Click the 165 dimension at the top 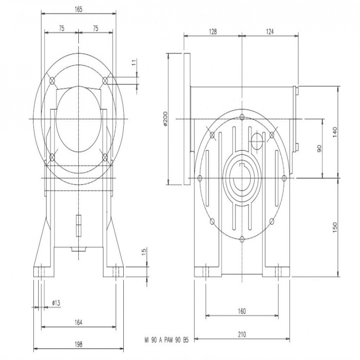point(78,9)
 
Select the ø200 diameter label point(166,119)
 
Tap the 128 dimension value point(213,31)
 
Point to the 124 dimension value point(270,31)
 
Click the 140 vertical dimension point(335,132)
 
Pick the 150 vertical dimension point(335,227)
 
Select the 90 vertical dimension point(319,148)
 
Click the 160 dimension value point(242,311)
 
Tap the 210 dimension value point(242,334)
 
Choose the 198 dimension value point(78,344)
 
